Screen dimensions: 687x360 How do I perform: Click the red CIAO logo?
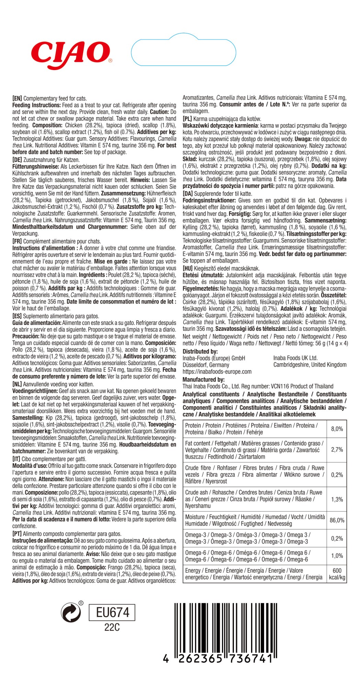[x=70, y=54]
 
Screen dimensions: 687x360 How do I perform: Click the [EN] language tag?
[x=17, y=98]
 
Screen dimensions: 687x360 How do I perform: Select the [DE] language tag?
[x=17, y=160]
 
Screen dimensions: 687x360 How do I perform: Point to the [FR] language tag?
[x=17, y=241]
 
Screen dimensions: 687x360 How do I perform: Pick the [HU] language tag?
[x=188, y=268]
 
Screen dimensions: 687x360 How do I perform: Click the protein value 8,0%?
[x=337, y=429]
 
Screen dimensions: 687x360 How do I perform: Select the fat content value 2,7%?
[x=337, y=450]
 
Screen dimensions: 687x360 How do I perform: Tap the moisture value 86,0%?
[x=337, y=520]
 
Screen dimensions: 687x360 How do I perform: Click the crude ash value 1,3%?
[x=337, y=499]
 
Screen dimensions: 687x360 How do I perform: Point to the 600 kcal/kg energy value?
[x=337, y=574]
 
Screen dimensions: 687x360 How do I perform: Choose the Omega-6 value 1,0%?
[x=337, y=556]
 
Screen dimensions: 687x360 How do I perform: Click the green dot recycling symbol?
[x=71, y=612]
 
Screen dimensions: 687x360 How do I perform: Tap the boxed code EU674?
[x=112, y=612]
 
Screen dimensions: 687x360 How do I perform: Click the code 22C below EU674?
[x=112, y=628]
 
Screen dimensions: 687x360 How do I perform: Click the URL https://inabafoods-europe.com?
[x=217, y=371]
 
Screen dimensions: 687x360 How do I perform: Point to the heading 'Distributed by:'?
[x=200, y=351]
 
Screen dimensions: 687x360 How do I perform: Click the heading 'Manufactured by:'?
[x=203, y=380]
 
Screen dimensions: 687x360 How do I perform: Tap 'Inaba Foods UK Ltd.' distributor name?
[x=295, y=358]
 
